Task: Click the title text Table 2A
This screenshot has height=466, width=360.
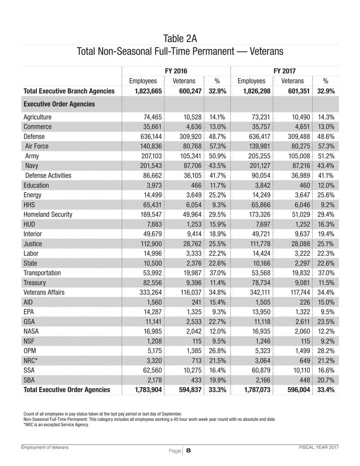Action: [180, 39]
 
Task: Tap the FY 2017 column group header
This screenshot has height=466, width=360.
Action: [285, 70]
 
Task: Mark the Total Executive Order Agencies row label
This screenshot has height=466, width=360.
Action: [67, 389]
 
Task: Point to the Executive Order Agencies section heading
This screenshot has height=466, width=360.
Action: [59, 104]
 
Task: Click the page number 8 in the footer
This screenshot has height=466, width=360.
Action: [188, 450]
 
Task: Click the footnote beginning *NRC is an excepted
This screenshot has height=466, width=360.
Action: [56, 425]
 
